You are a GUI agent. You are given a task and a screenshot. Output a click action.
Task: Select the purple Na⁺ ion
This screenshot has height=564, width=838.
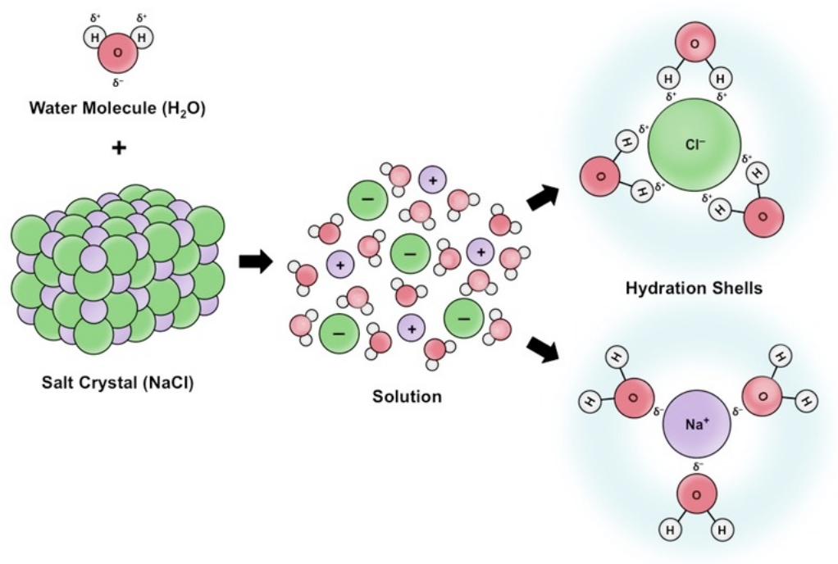pos(695,425)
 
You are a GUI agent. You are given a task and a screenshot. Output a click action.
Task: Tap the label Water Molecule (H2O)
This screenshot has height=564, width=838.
pos(117,108)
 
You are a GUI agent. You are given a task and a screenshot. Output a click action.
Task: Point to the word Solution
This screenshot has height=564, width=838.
pos(407,397)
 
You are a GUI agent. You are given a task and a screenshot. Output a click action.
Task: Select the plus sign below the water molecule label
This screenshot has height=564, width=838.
pos(118,148)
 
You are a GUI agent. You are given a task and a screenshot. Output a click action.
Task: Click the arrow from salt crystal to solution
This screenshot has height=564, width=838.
pos(255,263)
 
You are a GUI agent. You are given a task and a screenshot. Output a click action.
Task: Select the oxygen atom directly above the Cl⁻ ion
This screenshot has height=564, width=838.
pos(694,46)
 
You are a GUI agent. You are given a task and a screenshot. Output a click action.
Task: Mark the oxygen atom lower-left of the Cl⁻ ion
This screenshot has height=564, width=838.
pos(600,175)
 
